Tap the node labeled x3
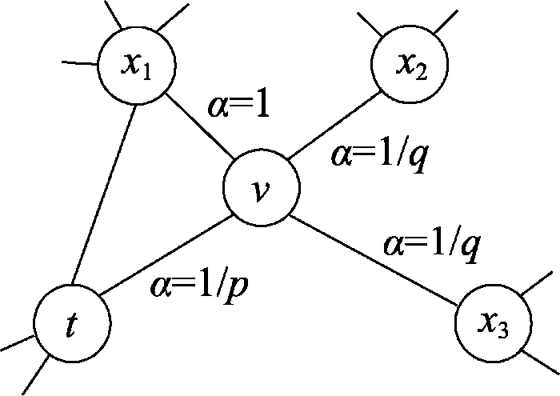[493, 325]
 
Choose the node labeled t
[73, 324]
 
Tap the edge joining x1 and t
[102, 192]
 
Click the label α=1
[238, 107]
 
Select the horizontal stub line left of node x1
[80, 60]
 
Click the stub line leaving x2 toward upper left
[370, 24]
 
